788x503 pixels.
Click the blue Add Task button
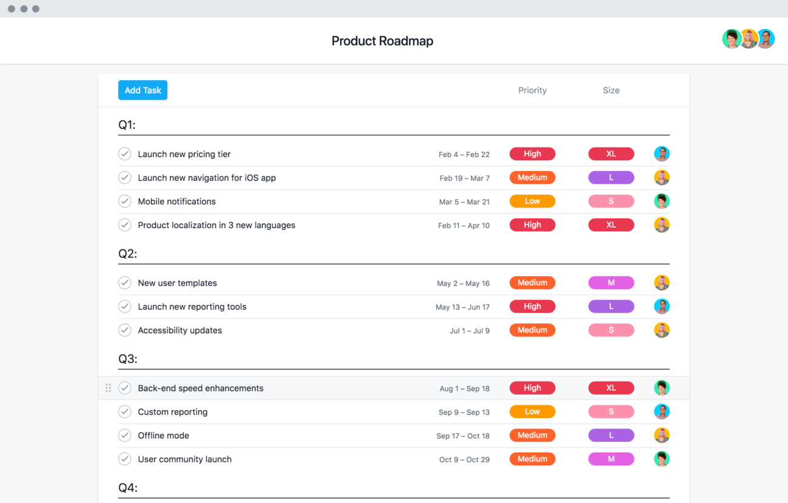pyautogui.click(x=142, y=90)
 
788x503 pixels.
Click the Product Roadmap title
pyautogui.click(x=382, y=41)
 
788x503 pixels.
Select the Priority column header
pyautogui.click(x=532, y=90)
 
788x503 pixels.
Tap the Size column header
pyautogui.click(x=611, y=90)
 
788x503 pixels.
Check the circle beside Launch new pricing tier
pyautogui.click(x=125, y=154)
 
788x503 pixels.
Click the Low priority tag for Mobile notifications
pyautogui.click(x=532, y=201)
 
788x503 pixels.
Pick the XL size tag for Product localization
pyautogui.click(x=611, y=225)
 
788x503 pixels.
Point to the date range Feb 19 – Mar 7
pyautogui.click(x=464, y=178)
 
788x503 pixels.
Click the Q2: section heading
pyautogui.click(x=128, y=254)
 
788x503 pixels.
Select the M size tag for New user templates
pyautogui.click(x=611, y=283)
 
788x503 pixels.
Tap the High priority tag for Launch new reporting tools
pyautogui.click(x=532, y=306)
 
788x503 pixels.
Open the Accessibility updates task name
pyautogui.click(x=180, y=331)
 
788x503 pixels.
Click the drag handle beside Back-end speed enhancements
pyautogui.click(x=109, y=388)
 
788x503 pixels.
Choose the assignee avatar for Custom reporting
pyautogui.click(x=661, y=411)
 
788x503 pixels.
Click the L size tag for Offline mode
pyautogui.click(x=611, y=436)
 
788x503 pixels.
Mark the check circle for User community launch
pyautogui.click(x=125, y=459)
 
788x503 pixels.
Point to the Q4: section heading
pyautogui.click(x=128, y=488)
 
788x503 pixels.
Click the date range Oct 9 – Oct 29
pyautogui.click(x=464, y=460)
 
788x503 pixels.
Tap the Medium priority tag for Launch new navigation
pyautogui.click(x=532, y=178)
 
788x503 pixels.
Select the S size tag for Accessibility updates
pyautogui.click(x=611, y=330)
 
